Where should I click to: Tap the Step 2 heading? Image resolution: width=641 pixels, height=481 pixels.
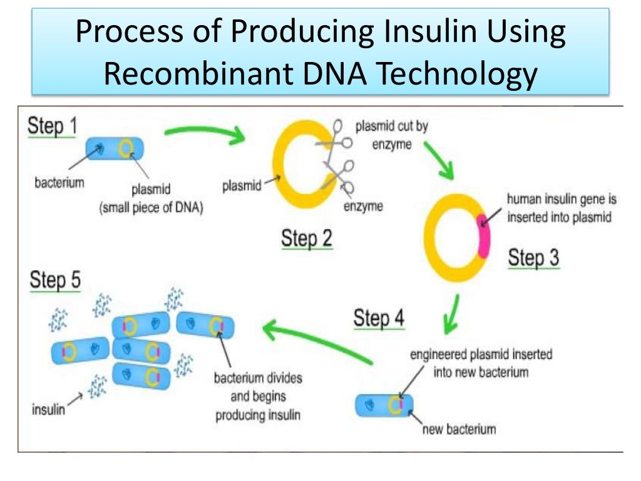tap(307, 239)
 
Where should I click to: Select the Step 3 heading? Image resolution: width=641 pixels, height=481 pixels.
tap(533, 257)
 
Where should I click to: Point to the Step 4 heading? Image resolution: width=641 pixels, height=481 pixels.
tap(379, 318)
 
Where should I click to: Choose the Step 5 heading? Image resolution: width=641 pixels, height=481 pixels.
tap(55, 280)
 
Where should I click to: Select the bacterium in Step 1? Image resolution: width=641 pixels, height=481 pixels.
tap(114, 148)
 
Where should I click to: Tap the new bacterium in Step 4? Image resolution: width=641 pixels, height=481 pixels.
tap(384, 405)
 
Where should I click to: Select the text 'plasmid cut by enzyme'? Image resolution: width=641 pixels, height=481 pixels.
tap(391, 135)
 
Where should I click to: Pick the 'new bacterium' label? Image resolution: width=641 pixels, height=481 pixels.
tap(459, 429)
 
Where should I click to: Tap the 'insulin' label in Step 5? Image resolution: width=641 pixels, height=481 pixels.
tap(48, 410)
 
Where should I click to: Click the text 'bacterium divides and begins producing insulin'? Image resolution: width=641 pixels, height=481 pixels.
tap(257, 396)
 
